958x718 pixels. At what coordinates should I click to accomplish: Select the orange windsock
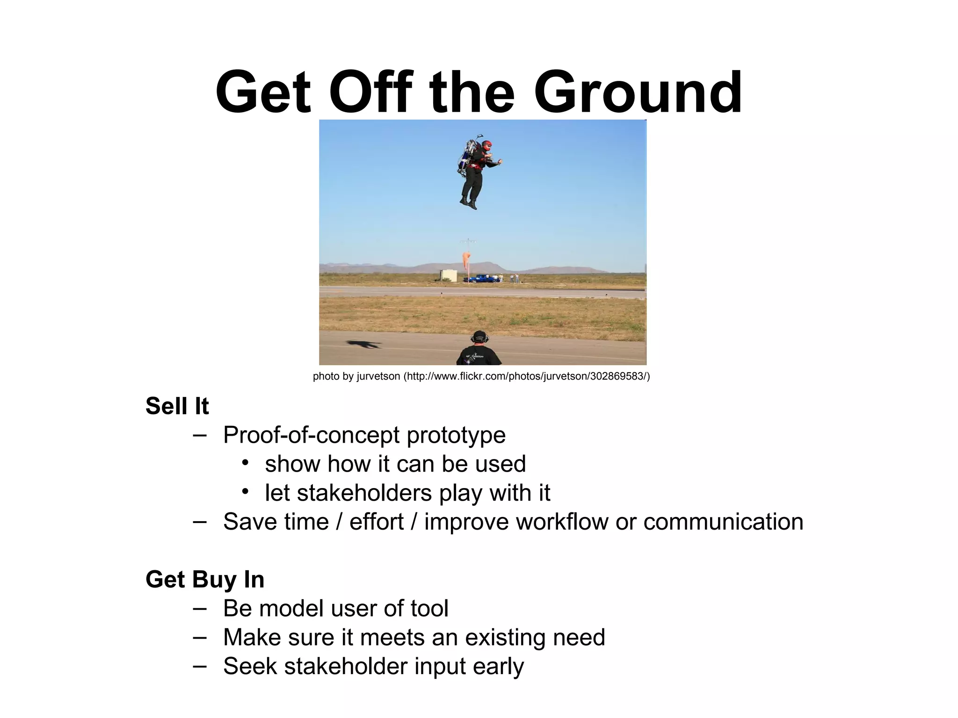[467, 264]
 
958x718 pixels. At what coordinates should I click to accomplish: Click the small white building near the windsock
[448, 275]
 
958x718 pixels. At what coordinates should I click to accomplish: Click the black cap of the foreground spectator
[479, 336]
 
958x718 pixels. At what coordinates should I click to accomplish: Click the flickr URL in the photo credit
[527, 377]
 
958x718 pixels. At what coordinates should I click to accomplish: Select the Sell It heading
[177, 406]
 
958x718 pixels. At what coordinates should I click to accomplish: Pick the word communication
[723, 522]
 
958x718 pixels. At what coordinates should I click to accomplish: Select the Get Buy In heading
[205, 580]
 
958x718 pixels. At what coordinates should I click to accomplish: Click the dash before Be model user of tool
[199, 609]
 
